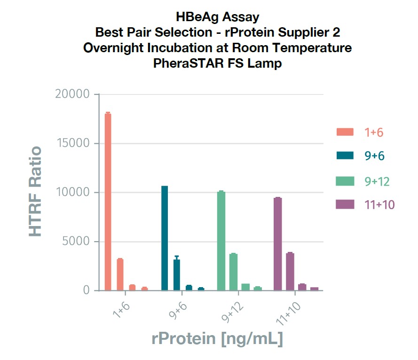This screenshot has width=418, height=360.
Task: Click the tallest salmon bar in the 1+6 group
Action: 108,202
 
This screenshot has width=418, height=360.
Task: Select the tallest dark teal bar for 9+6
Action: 165,238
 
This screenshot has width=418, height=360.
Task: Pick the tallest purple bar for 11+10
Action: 278,244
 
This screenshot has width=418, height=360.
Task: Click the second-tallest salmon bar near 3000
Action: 120,274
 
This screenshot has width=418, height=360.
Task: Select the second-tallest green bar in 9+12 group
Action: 233,272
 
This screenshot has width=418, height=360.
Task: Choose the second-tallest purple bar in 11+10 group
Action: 290,272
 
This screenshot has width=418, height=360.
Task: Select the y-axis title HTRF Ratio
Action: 36,192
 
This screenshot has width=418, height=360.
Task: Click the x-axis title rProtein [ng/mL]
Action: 217,339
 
